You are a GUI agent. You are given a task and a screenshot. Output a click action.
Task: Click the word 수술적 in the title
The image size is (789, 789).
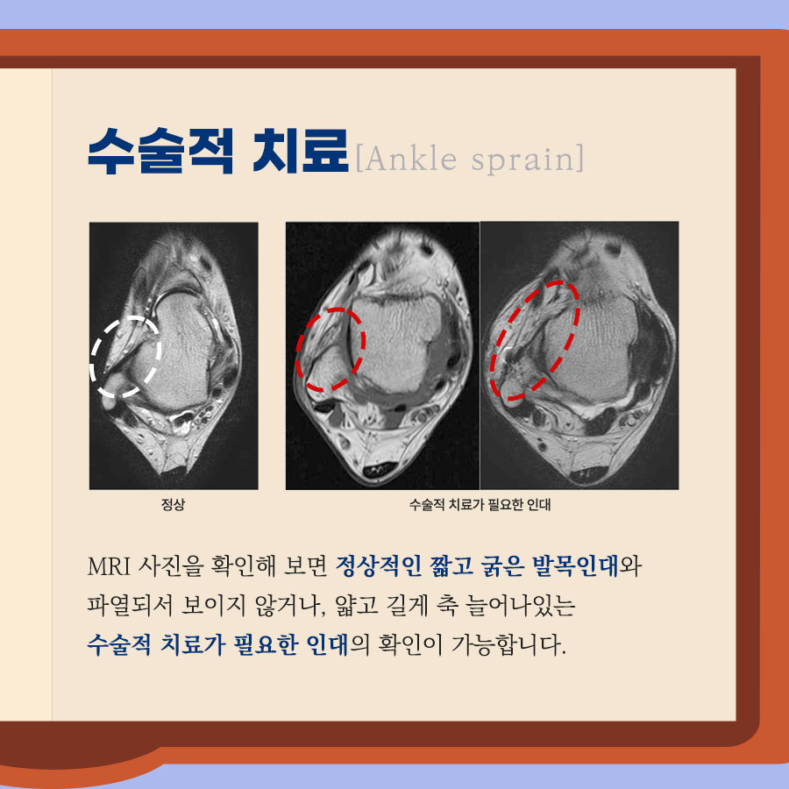click(160, 151)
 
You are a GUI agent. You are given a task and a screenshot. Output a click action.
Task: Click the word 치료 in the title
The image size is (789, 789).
click(301, 151)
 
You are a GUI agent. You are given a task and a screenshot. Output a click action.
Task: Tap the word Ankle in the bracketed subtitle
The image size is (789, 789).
click(410, 159)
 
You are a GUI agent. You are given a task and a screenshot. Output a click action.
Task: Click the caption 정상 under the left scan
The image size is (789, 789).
click(173, 504)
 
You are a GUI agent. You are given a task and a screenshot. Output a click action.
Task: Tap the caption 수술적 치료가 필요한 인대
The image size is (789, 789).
click(480, 504)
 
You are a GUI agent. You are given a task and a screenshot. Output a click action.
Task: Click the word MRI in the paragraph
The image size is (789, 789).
click(109, 566)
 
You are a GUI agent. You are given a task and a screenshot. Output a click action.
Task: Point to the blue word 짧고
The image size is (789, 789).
click(451, 566)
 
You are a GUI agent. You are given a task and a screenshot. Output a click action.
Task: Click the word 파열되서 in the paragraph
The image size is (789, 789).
click(130, 605)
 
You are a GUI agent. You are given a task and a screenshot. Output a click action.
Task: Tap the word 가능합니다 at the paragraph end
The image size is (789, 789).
click(508, 644)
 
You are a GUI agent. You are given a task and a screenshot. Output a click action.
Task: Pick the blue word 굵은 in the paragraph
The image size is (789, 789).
click(502, 566)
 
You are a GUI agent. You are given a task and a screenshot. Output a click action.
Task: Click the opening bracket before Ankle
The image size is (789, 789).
click(359, 159)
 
